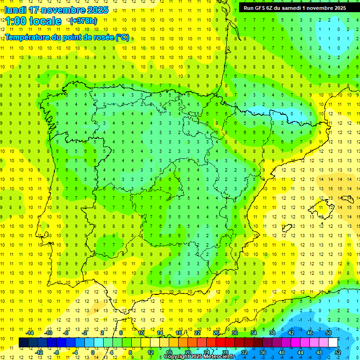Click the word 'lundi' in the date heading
click(15, 10)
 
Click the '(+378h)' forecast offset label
click(83, 21)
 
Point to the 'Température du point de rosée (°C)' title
click(67, 37)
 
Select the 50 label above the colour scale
click(328, 333)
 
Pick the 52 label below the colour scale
click(338, 352)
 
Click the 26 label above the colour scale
click(216, 333)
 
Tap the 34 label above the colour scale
click(253, 333)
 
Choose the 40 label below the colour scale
click(281, 352)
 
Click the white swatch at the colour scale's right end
click(333, 342)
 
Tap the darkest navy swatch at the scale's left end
click(23, 342)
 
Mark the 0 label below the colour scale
click(93, 352)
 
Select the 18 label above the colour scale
click(178, 333)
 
